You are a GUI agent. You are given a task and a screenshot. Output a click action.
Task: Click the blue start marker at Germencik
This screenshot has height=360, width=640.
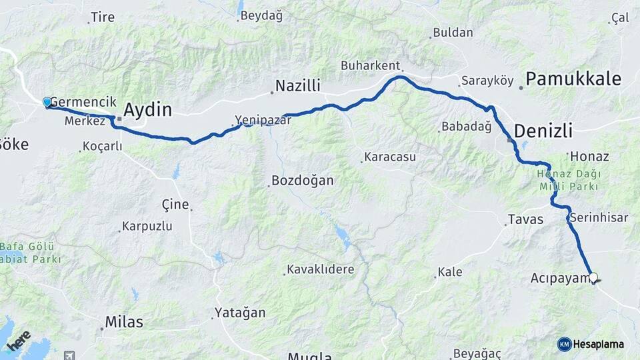coord(47,102)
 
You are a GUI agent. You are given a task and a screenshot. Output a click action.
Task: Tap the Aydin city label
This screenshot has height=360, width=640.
coord(147,110)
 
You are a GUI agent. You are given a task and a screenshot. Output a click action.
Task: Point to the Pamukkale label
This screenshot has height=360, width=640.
coord(573,79)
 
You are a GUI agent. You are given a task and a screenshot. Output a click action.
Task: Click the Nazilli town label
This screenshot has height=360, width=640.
coord(298,86)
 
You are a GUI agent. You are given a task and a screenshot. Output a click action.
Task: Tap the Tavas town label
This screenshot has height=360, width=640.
coord(525,219)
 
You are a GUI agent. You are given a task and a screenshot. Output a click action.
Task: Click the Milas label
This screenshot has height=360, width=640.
coord(124,322)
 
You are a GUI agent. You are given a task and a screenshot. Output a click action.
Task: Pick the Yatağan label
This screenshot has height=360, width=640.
coord(240,312)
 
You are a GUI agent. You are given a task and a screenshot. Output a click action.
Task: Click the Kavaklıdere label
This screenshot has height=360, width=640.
coord(320,269)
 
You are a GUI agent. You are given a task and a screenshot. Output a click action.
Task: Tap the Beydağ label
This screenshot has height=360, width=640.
coord(261,16)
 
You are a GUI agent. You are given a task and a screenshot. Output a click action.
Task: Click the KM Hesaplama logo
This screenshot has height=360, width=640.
coord(591,344)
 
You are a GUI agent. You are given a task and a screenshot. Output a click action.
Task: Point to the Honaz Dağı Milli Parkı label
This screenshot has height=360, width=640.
coord(569,180)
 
